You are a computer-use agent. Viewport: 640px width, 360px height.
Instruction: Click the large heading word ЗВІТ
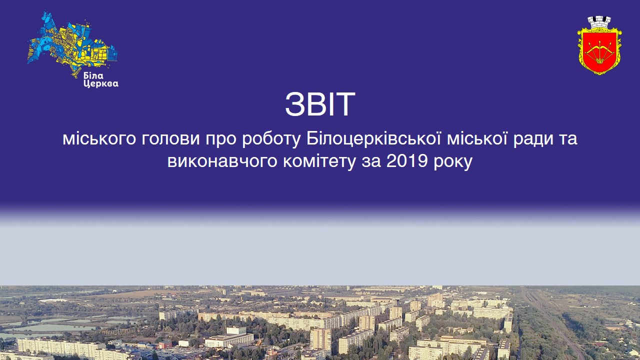pyautogui.click(x=320, y=104)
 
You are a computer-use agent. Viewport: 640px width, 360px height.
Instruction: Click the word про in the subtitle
pyautogui.click(x=220, y=138)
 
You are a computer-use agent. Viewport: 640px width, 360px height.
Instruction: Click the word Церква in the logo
pyautogui.click(x=100, y=83)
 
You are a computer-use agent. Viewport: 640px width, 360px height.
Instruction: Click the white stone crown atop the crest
pyautogui.click(x=599, y=22)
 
